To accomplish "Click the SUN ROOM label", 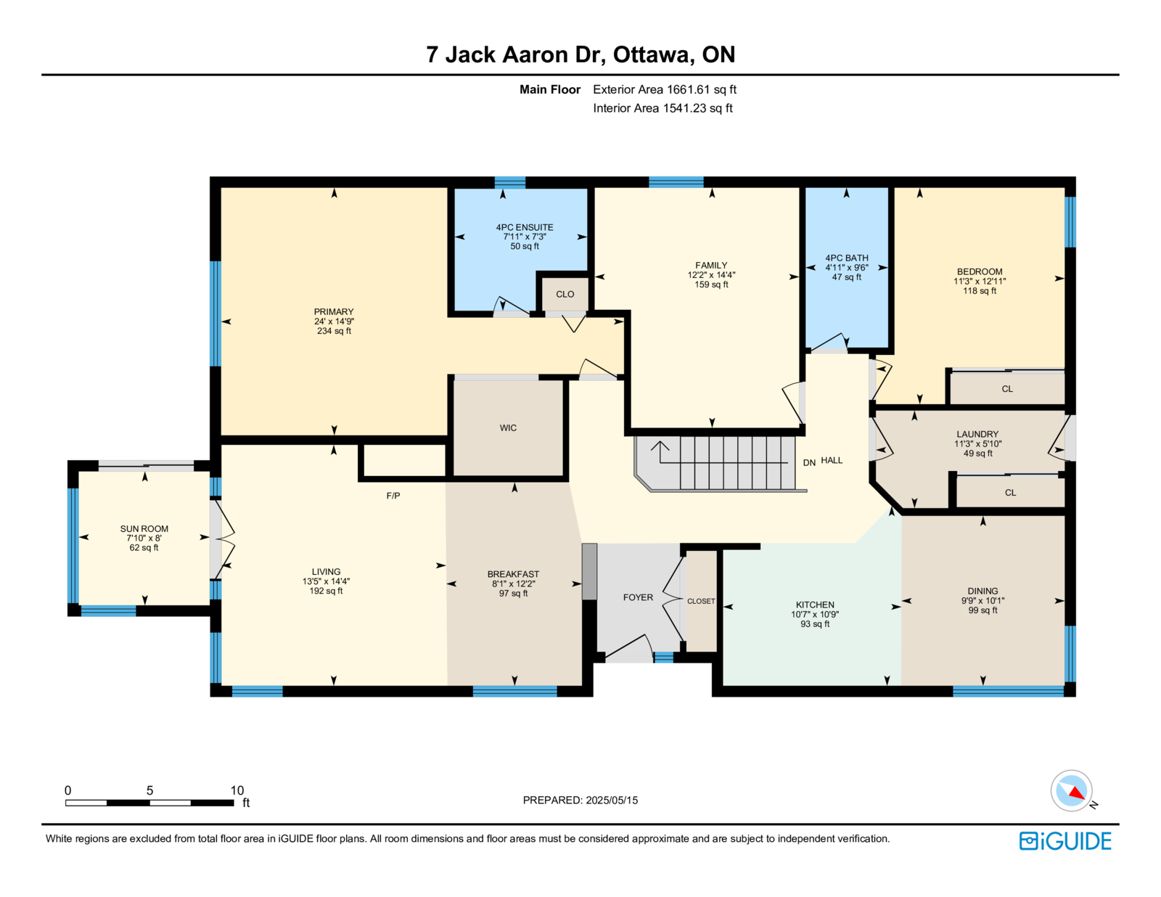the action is [x=144, y=528].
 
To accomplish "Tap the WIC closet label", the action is [x=507, y=427].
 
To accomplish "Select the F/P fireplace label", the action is [x=393, y=495].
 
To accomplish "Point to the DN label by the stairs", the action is [x=809, y=462].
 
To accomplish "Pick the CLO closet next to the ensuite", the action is [x=565, y=295].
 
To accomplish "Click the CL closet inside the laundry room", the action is [x=1010, y=492].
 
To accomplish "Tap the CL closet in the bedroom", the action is [x=1007, y=388].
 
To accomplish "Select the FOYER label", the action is [x=638, y=597].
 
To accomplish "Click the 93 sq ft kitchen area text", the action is [x=815, y=623].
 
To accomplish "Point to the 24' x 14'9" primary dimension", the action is [x=334, y=321].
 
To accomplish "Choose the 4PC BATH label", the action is [x=846, y=258].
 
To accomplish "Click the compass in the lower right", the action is [x=1071, y=791].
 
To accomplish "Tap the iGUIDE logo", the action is [x=1064, y=841].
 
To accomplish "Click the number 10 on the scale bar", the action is [x=237, y=790].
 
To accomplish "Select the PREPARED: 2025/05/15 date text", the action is [x=580, y=800].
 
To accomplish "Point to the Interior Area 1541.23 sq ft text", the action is [x=662, y=108].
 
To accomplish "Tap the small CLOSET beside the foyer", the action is [x=700, y=601].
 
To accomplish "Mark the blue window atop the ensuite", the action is [x=509, y=182].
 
